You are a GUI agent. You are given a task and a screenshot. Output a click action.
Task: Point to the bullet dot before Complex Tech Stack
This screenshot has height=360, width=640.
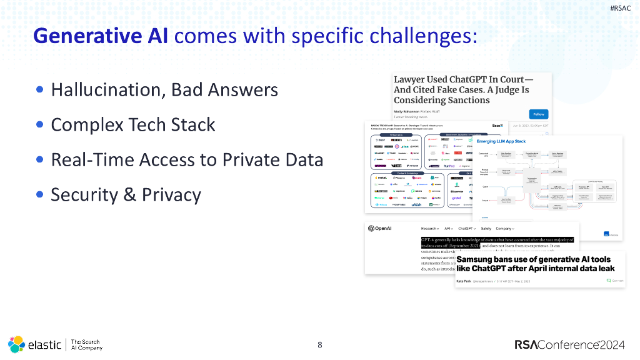(40, 124)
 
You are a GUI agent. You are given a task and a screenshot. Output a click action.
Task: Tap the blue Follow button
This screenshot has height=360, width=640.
(537, 114)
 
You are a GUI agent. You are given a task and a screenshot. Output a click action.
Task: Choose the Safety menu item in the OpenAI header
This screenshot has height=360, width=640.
(486, 229)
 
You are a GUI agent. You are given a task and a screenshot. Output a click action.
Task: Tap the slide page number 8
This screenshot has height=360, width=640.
(320, 344)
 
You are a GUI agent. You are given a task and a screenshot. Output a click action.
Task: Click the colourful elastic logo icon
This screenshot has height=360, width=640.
(16, 344)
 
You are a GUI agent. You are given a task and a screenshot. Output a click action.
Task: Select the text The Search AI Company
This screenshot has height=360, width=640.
(86, 344)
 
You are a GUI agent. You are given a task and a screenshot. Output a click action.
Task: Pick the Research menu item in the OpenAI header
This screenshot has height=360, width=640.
(429, 229)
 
